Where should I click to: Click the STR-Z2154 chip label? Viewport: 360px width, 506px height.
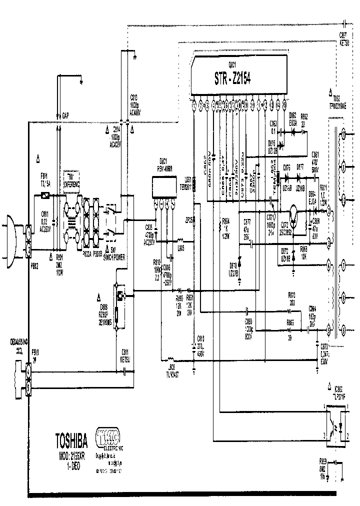233,78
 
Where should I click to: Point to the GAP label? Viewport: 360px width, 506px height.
65,115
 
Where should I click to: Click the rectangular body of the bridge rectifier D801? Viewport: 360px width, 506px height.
163,188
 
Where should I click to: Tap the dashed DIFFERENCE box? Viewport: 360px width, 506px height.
72,175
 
